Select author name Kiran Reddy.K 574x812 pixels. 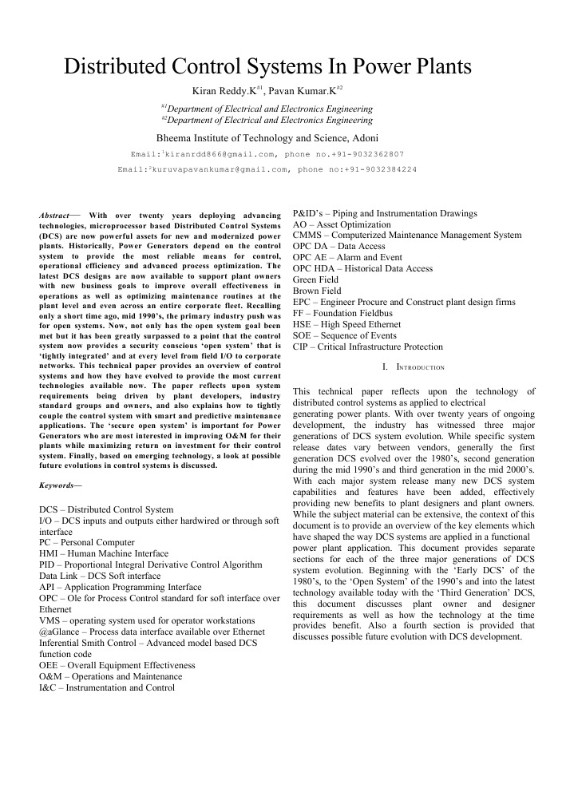[x=228, y=91]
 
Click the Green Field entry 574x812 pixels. [x=316, y=280]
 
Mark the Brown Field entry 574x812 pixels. [x=317, y=291]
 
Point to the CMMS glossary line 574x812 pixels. [x=407, y=236]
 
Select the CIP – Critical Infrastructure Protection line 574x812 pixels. [x=367, y=347]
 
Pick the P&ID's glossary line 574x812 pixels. [x=385, y=213]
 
